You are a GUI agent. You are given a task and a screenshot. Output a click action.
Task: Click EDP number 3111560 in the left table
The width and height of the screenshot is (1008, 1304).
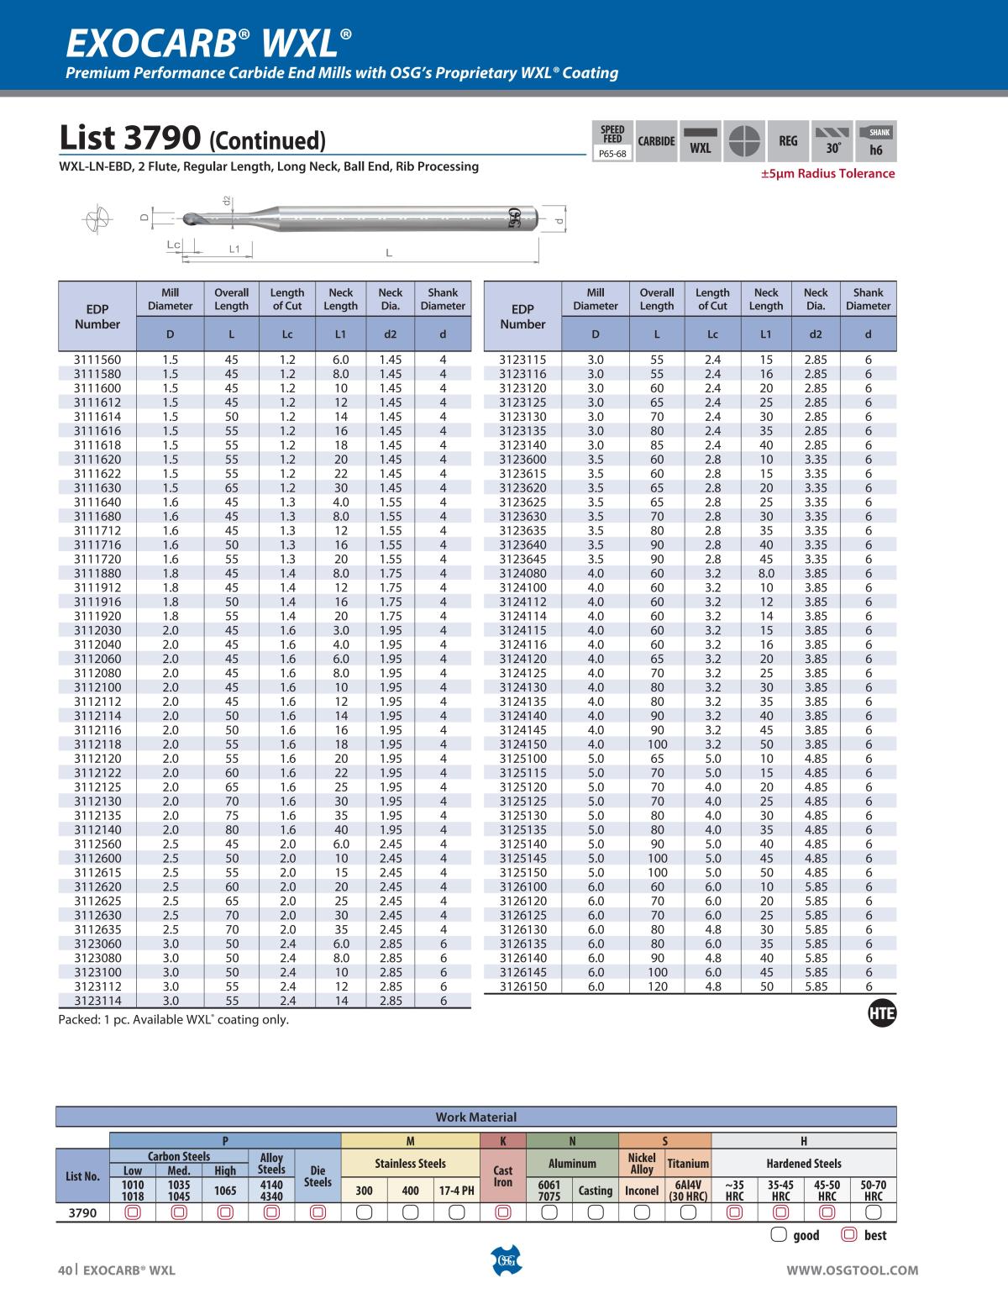point(97,360)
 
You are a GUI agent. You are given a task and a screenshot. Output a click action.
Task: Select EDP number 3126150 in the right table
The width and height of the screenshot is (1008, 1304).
point(522,986)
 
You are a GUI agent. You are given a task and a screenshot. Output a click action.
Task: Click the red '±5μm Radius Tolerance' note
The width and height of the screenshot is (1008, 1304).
point(827,174)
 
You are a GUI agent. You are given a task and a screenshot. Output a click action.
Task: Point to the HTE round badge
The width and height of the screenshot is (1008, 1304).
point(881,1014)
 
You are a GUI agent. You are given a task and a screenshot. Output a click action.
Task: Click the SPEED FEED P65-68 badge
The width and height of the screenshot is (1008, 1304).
point(612,141)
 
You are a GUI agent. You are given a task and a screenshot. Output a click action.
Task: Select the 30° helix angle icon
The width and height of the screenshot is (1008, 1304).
point(832,141)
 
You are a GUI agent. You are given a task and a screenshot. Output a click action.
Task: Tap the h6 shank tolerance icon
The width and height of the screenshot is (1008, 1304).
point(876,141)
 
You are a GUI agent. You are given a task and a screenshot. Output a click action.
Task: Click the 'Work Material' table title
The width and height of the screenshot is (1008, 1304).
point(475,1117)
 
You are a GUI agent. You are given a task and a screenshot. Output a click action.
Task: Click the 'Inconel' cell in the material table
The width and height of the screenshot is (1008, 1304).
point(642,1191)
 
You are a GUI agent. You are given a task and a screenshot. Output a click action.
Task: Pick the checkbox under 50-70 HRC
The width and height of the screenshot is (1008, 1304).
point(873,1212)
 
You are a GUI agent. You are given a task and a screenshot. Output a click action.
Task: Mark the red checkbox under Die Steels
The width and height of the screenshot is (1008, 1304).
point(318,1212)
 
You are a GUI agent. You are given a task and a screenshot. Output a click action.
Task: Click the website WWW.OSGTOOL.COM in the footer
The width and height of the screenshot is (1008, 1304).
point(852,1270)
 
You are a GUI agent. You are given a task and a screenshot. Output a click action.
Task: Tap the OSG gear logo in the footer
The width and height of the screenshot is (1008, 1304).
point(504,1260)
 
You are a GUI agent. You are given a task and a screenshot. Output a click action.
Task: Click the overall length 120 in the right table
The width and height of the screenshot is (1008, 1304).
point(657,986)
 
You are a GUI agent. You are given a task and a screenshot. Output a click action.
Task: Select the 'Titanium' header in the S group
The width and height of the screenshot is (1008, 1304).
point(688,1164)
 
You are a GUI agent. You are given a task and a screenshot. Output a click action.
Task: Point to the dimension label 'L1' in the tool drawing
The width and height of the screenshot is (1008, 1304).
point(234,249)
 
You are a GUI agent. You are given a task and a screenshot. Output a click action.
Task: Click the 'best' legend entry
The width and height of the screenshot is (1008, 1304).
point(864,1235)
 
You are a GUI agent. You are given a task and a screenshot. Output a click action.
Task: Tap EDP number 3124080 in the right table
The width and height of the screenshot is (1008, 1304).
point(522,573)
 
